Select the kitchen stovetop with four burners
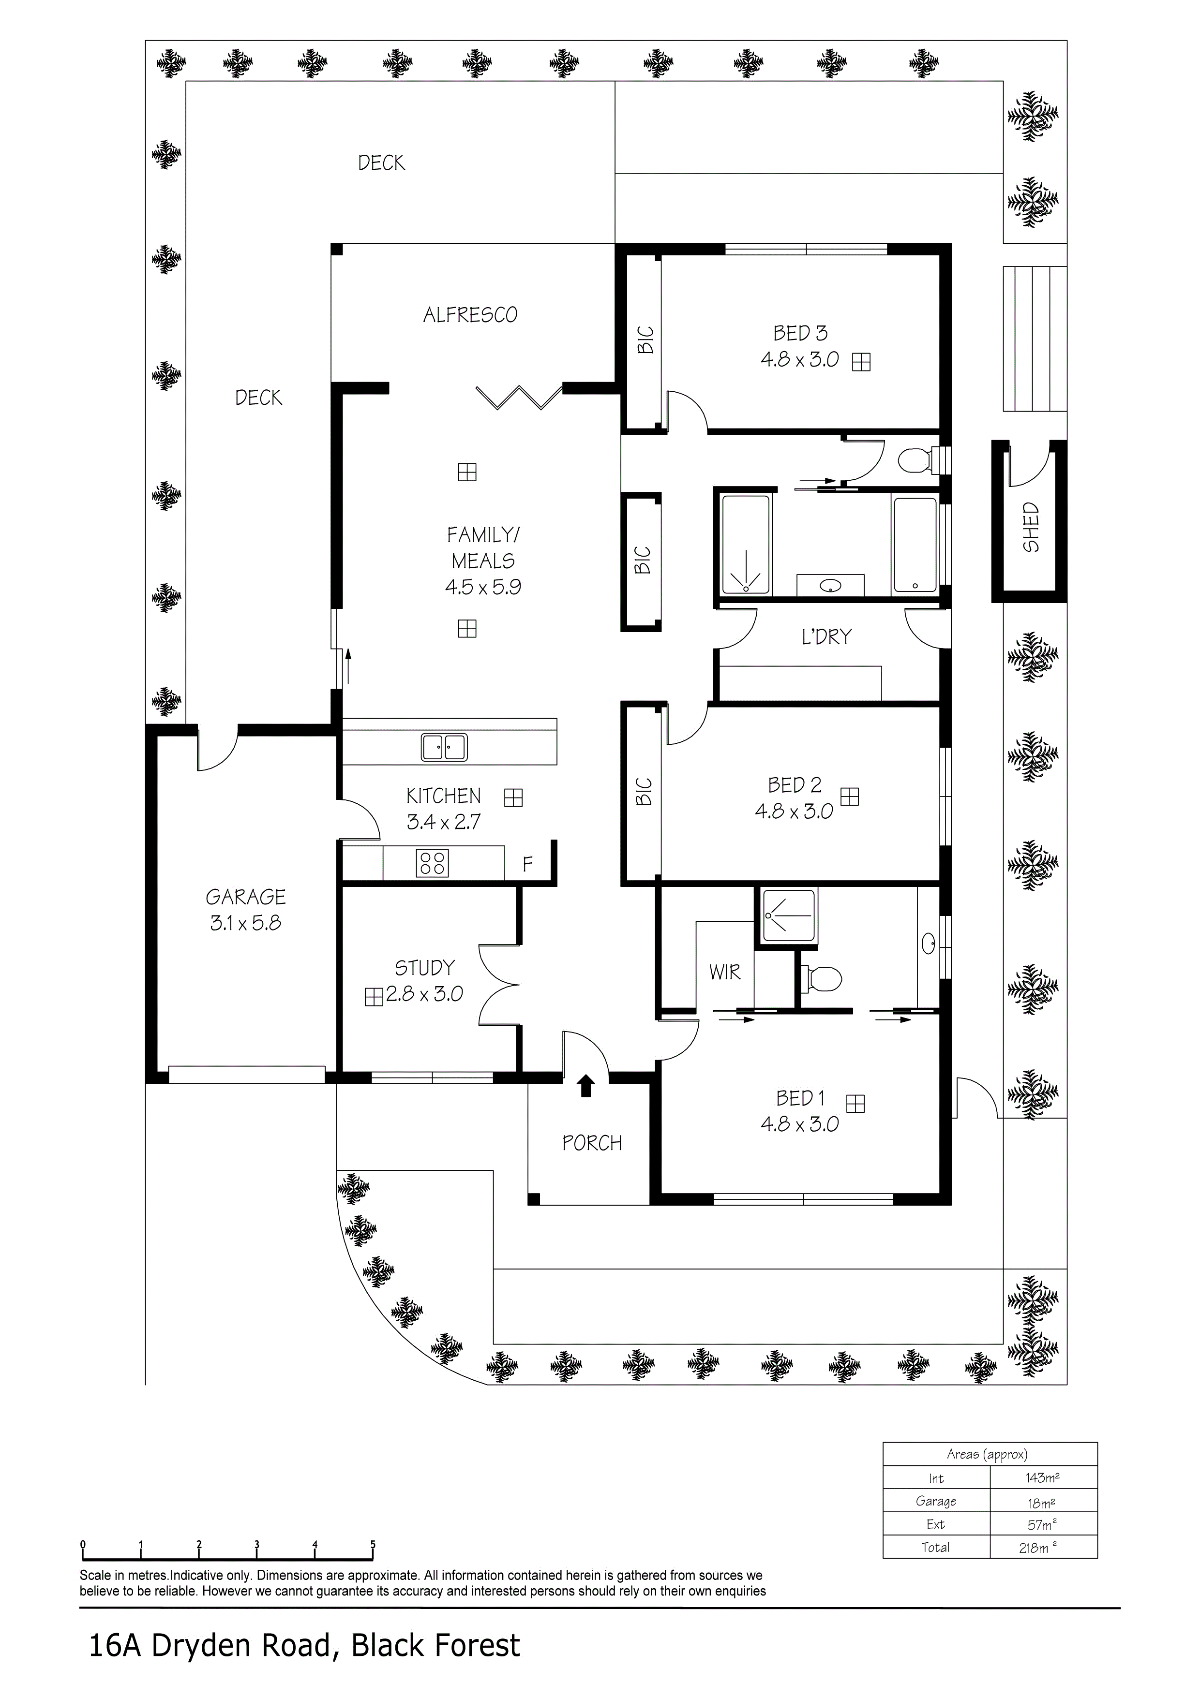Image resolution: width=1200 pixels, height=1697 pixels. pyautogui.click(x=433, y=863)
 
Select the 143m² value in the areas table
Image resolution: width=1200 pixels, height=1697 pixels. pyautogui.click(x=1043, y=1477)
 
